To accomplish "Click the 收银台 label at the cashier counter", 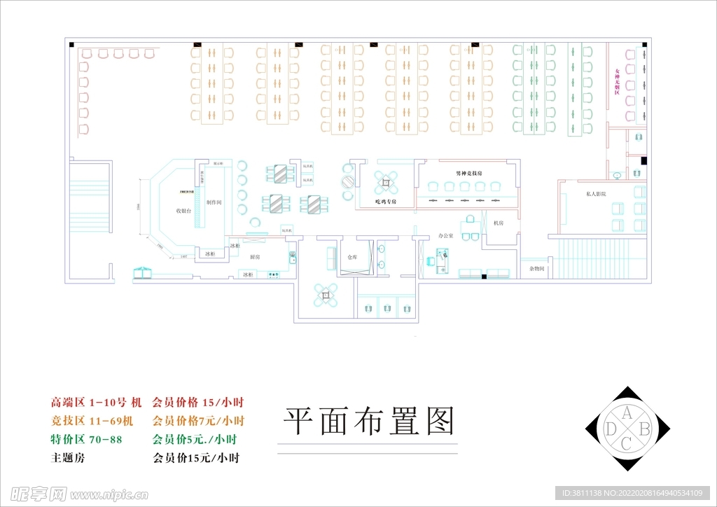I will click(x=183, y=211).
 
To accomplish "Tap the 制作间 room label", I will click(x=214, y=202).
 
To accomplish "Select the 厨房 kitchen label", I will click(x=256, y=257).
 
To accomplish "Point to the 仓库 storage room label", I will click(x=352, y=257).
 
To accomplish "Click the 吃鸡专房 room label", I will click(x=385, y=202).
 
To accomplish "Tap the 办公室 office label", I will click(x=445, y=236).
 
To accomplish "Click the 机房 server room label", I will click(x=499, y=223).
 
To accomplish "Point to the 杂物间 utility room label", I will click(x=537, y=268).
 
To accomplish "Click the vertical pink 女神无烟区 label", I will click(x=618, y=82).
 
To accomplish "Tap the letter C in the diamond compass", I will click(x=627, y=443).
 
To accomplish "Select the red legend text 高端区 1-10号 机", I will click(x=96, y=403).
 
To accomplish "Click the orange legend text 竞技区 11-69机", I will click(x=95, y=422).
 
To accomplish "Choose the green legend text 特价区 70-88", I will click(x=86, y=440).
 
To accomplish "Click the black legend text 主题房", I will click(x=67, y=459).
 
